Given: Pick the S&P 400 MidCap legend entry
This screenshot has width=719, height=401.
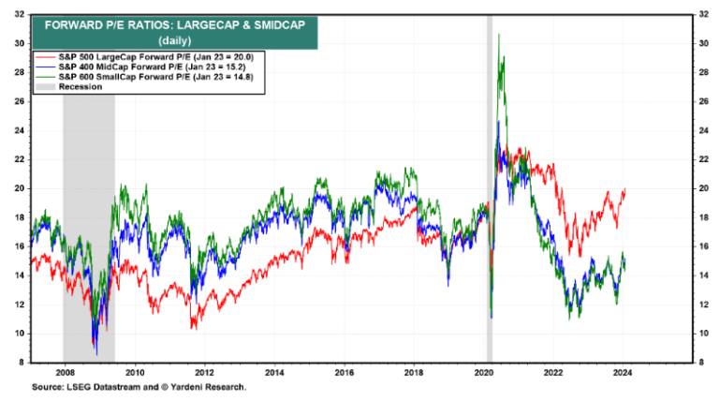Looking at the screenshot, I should click(141, 67).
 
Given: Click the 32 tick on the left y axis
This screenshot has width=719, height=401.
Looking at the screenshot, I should click(19, 14).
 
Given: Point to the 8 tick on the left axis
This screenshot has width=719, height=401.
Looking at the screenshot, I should click(22, 362).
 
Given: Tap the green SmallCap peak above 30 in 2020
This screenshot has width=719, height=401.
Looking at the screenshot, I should click(498, 36).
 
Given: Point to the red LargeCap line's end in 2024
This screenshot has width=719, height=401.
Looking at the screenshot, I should click(624, 190).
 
